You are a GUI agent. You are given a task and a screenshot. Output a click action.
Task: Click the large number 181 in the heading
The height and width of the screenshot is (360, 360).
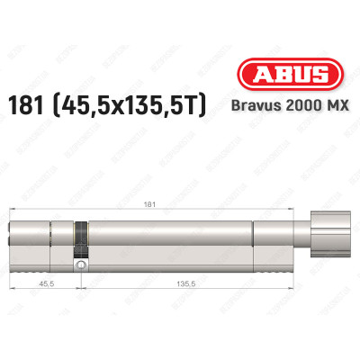click(x=49, y=107)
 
